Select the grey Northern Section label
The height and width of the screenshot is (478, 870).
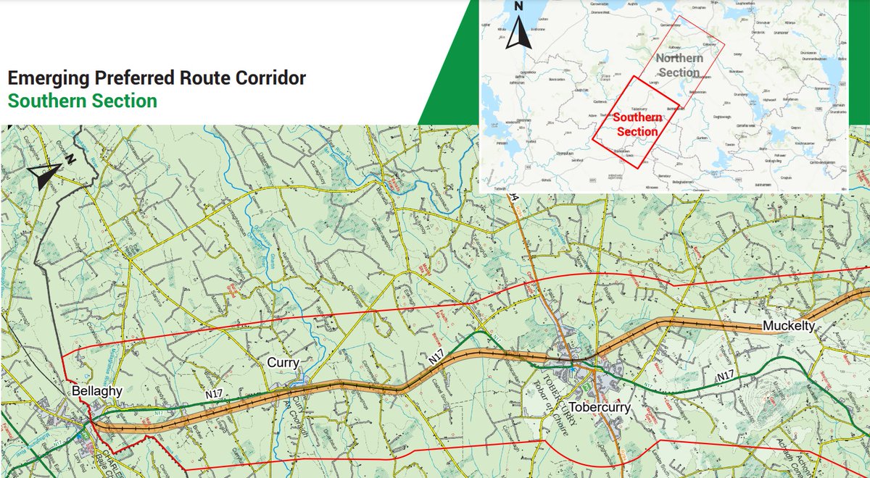click(x=679, y=64)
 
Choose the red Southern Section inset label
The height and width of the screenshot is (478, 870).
click(x=635, y=124)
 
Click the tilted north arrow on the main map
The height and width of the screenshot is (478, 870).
click(x=45, y=174)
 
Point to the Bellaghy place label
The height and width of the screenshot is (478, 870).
click(x=91, y=392)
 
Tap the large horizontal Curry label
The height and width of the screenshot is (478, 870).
click(x=283, y=363)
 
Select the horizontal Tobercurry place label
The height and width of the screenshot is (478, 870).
click(x=600, y=407)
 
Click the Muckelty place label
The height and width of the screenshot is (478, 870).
click(x=789, y=327)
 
